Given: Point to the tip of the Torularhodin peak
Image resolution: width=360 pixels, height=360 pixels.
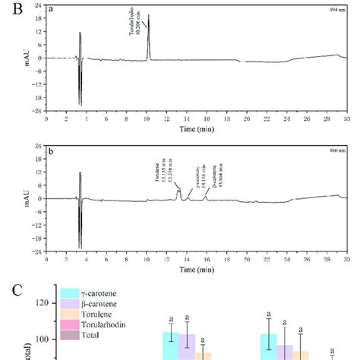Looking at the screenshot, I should point(148,15).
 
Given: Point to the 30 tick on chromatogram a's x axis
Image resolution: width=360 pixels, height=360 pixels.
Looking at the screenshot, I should point(346,118).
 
